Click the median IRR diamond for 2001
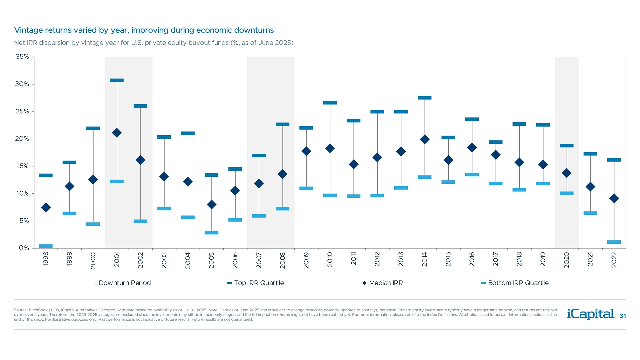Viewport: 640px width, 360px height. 117,133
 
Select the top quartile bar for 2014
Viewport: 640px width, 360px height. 424,98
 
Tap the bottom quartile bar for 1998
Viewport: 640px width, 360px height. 46,246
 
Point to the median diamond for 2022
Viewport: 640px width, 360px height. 614,198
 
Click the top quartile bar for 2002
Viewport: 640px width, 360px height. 140,106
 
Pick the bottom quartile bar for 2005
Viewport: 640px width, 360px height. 211,233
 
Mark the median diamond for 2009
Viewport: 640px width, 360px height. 306,151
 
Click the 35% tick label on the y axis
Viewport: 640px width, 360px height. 22,57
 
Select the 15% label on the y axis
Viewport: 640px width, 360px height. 22,166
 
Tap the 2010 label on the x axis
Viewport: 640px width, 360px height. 330,259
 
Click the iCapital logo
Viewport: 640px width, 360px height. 591,314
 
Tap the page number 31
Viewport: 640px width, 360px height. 623,316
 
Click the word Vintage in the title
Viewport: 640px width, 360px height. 28,30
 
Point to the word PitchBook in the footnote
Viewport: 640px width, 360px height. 38,310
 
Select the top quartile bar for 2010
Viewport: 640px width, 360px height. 330,103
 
